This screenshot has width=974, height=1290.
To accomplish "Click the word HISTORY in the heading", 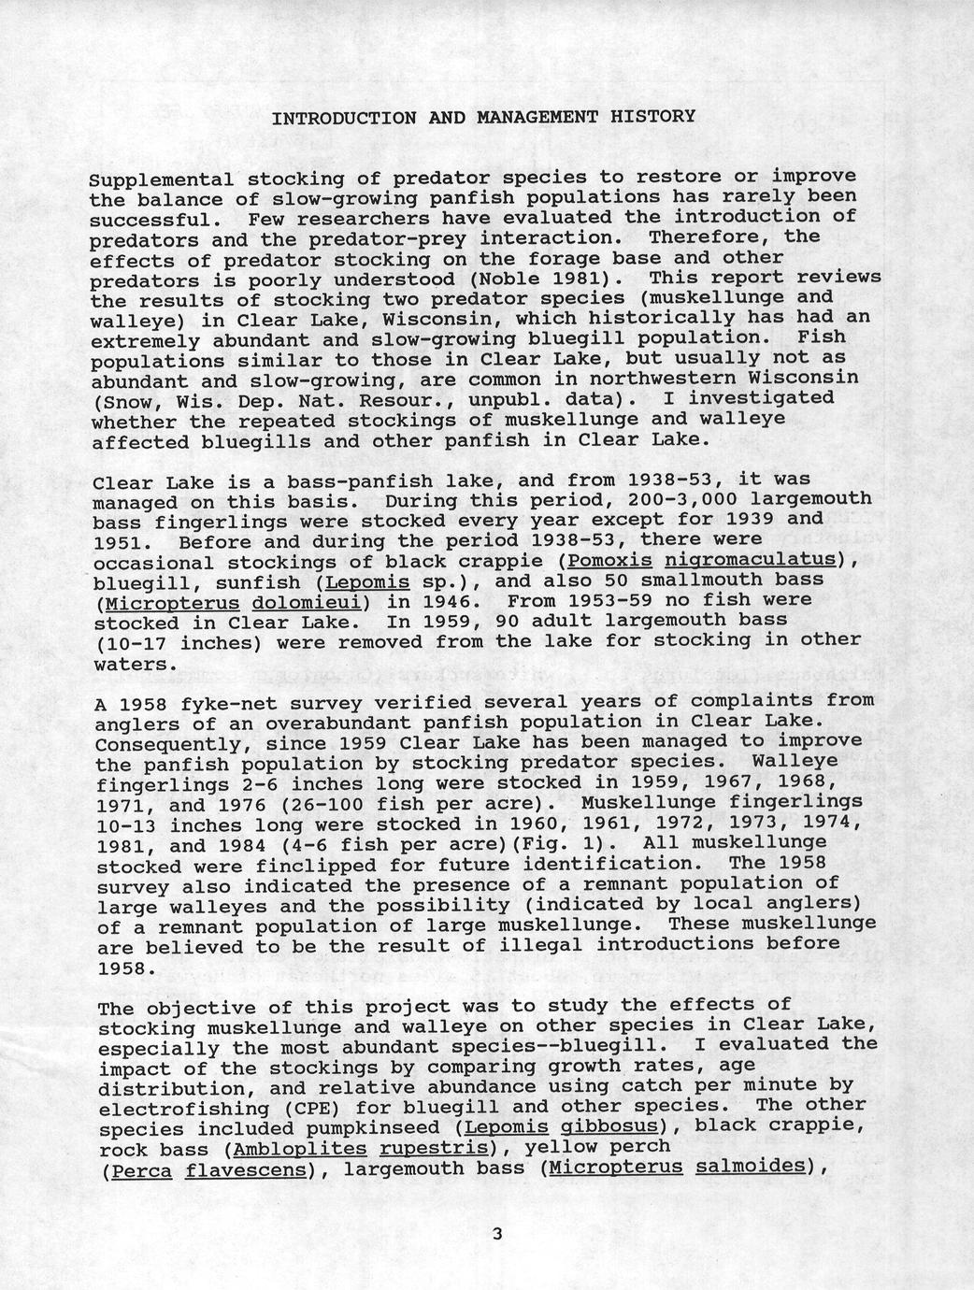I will point(652,117).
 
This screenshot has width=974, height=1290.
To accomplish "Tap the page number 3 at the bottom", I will point(497,1234).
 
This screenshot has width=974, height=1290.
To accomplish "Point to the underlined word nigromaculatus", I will point(748,559).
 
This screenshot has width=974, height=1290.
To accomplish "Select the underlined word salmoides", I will point(751,1167).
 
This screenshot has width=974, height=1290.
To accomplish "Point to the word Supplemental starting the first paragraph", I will point(161,179).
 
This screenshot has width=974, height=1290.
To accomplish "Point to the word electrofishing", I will point(173,1109).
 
